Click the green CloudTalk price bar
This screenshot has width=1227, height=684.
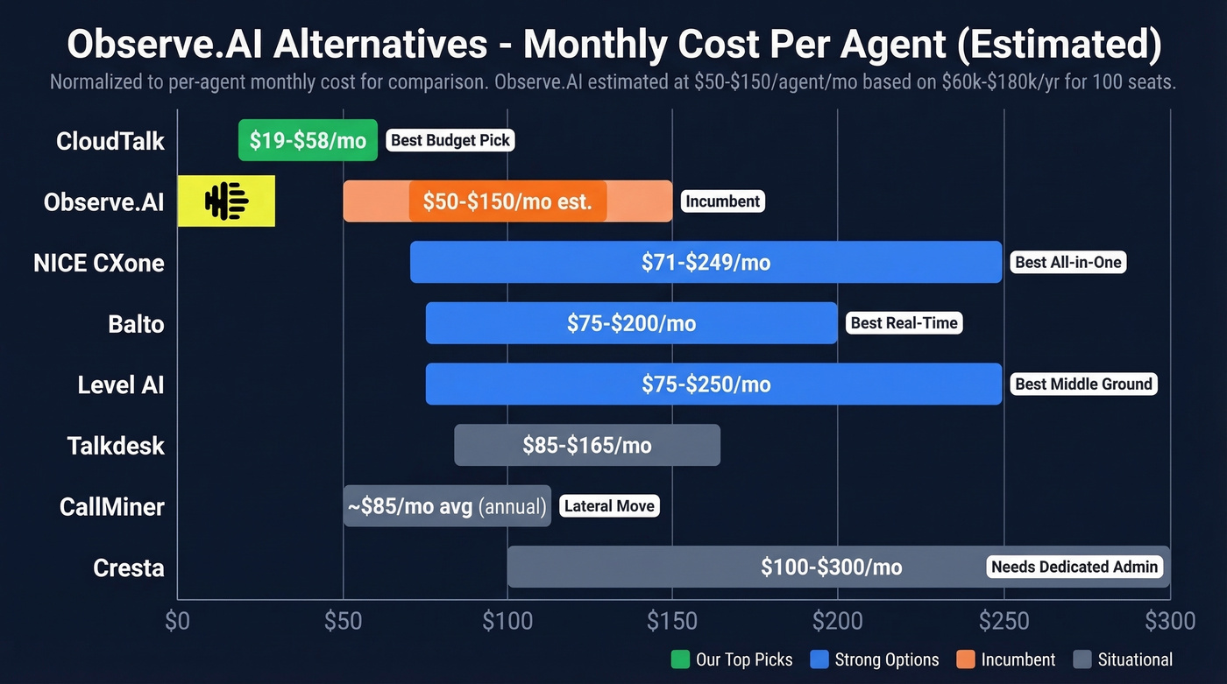pos(308,140)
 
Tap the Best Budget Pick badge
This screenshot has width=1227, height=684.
pos(450,140)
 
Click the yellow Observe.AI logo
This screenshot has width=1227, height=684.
pos(226,201)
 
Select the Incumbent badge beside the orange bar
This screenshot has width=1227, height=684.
pos(722,201)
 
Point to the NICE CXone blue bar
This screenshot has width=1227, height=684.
pos(706,262)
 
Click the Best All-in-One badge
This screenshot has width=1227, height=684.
pos(1067,262)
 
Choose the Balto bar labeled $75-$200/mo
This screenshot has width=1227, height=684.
pos(631,323)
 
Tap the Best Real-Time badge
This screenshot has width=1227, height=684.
pos(904,323)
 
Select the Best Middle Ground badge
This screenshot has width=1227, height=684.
pos(1083,384)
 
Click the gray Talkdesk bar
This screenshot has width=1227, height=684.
pos(587,445)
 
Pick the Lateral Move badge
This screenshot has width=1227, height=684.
pos(609,506)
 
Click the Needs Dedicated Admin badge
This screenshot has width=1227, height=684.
pos(1075,567)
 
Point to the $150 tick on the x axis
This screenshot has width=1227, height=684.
pos(672,622)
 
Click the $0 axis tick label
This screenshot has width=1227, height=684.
pos(177,622)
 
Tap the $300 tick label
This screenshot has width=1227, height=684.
pos(1169,622)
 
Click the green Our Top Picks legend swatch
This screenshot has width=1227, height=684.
pos(680,659)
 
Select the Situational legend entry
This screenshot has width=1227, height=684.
pos(1123,659)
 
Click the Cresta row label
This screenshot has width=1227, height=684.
pos(129,568)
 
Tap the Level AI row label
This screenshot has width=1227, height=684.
pos(121,384)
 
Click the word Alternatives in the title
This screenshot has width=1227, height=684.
pos(379,44)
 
